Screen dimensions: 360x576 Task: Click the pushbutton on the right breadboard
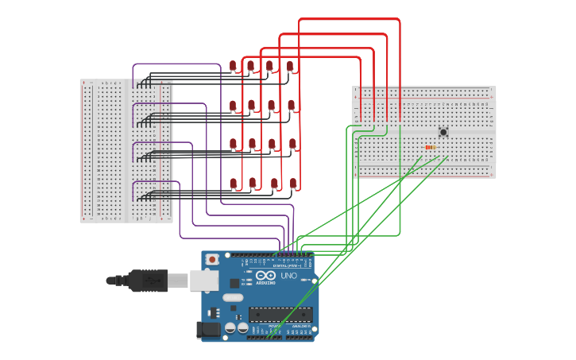(x=443, y=132)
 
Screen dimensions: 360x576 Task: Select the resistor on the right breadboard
(x=430, y=147)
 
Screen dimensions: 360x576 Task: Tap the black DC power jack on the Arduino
(x=209, y=329)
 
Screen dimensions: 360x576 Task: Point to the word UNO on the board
(x=288, y=276)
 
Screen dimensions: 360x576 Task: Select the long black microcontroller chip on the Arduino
(x=280, y=314)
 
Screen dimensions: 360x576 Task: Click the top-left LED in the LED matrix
(x=233, y=65)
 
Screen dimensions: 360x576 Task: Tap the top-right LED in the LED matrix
(x=290, y=65)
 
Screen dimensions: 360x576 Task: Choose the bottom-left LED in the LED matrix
(x=234, y=183)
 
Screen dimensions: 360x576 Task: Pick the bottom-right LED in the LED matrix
(x=293, y=183)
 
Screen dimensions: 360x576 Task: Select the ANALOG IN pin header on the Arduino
(x=300, y=337)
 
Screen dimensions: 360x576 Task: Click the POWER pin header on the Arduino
(x=264, y=337)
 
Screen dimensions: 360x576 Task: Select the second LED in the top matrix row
(x=250, y=65)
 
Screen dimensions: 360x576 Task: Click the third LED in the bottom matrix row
(x=274, y=183)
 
